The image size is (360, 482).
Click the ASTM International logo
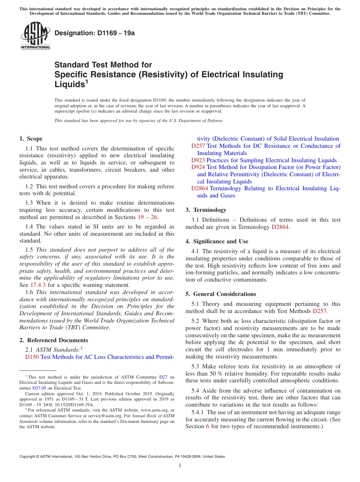point(35,36)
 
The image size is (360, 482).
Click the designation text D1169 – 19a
point(94,33)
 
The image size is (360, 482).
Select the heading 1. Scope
point(31,139)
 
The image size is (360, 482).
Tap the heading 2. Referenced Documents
point(54,340)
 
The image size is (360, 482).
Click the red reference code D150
point(32,357)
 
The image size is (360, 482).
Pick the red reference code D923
point(198,160)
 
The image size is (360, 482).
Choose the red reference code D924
point(198,167)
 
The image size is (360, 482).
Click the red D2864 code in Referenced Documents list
point(200,188)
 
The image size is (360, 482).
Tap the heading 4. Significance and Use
point(217,241)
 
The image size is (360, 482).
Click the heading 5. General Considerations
point(221,294)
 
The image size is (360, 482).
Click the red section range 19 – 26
point(147,217)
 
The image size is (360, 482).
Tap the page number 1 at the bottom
point(180,465)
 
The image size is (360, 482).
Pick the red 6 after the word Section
point(207,426)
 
